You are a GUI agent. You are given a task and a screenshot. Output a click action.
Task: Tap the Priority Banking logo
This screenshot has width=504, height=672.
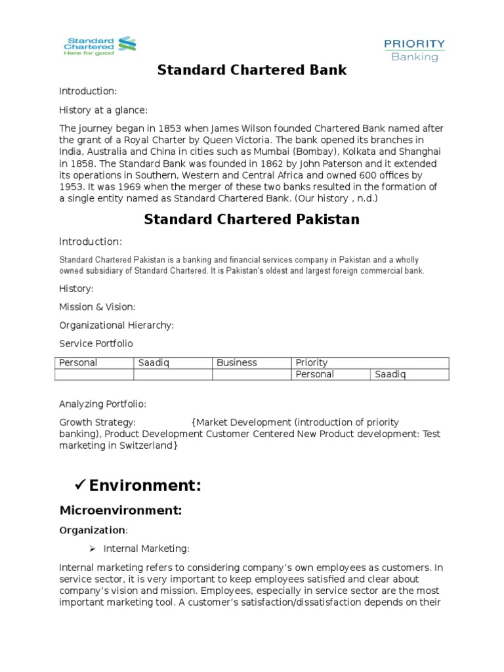click(414, 50)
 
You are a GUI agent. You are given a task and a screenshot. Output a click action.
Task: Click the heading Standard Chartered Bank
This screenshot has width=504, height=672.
click(251, 70)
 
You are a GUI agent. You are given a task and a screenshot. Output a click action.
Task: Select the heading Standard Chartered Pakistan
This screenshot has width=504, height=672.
click(251, 219)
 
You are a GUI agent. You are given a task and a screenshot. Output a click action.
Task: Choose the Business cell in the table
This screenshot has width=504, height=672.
click(237, 363)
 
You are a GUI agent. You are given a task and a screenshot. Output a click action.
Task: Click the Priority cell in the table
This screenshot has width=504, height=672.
click(312, 363)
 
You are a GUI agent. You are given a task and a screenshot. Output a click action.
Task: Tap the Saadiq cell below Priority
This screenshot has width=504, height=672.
click(390, 375)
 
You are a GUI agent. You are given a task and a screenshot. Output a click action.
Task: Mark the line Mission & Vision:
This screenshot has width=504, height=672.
click(97, 306)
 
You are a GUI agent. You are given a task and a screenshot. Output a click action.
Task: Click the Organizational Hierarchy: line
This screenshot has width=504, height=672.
click(116, 325)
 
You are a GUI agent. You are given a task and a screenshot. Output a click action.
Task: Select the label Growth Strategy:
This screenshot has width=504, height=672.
click(98, 422)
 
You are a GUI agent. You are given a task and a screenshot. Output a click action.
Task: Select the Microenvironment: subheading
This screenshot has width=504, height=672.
click(120, 510)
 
